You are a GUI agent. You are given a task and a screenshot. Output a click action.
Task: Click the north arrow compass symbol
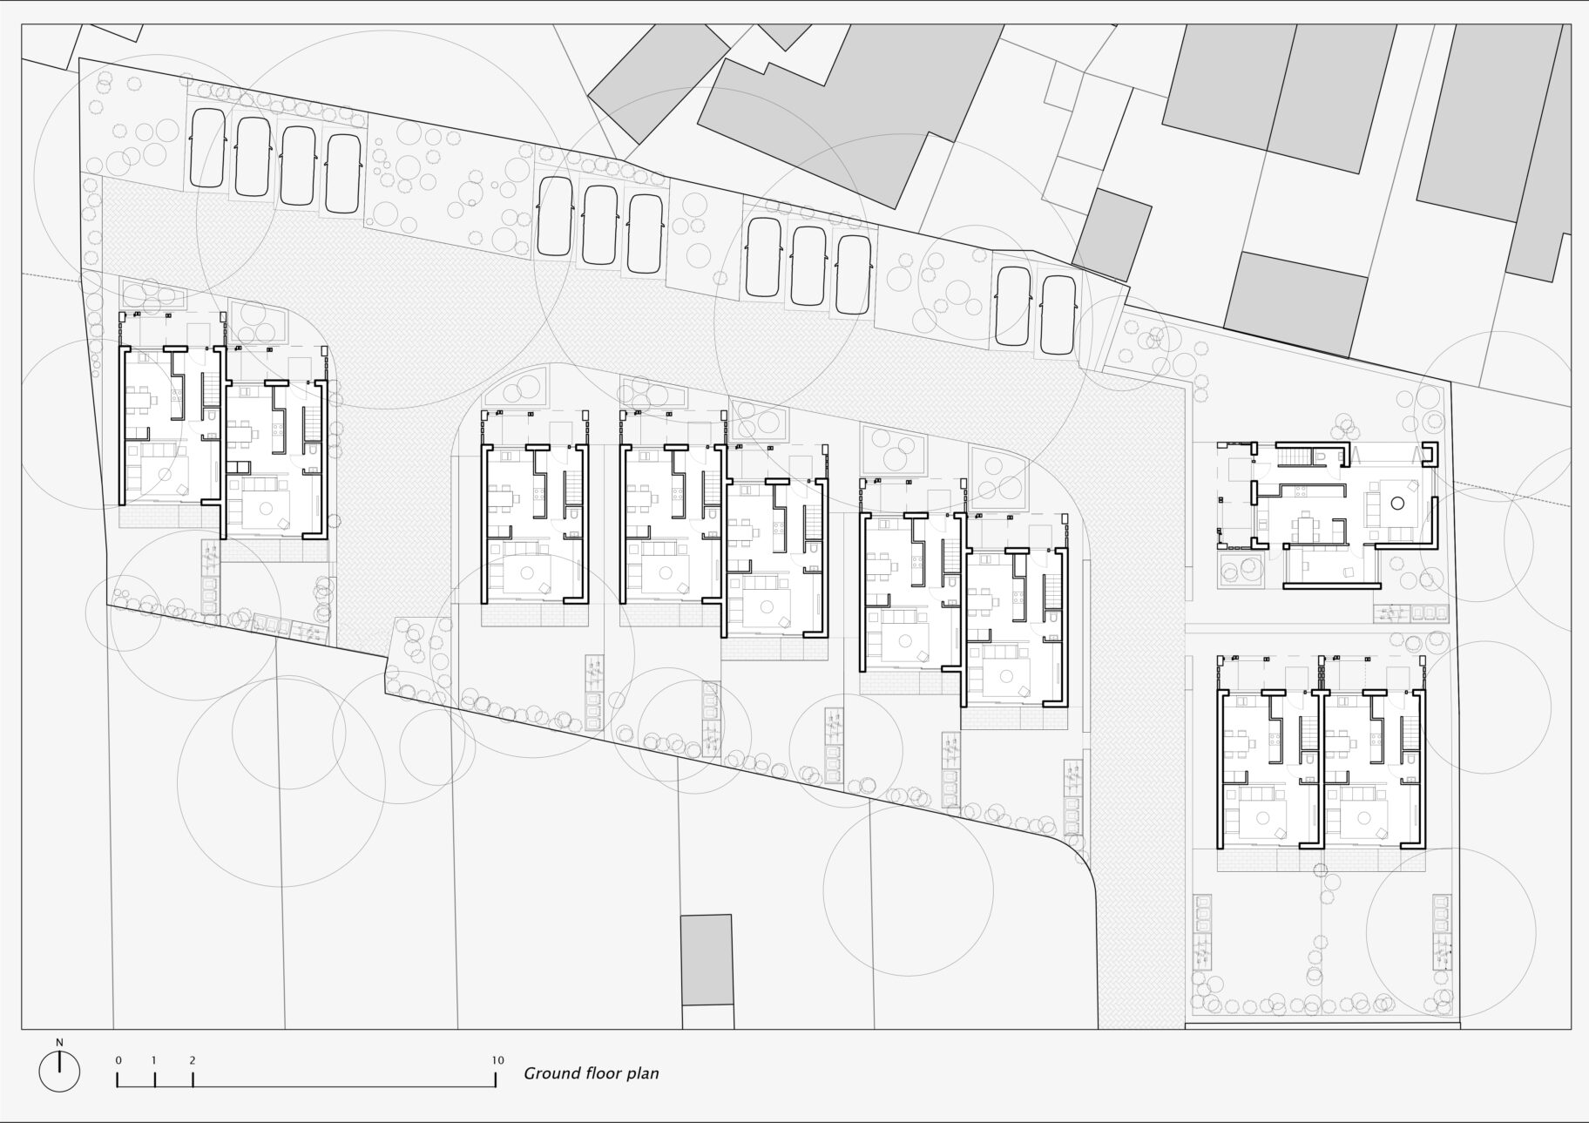point(59,1072)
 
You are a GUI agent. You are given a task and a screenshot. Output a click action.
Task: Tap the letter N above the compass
point(59,1042)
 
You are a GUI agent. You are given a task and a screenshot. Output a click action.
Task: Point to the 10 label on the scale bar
point(497,1060)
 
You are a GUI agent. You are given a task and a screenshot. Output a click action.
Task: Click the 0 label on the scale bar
point(118,1060)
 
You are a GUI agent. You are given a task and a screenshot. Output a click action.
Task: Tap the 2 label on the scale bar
point(192,1060)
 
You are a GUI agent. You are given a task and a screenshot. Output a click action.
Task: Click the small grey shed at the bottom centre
point(707,959)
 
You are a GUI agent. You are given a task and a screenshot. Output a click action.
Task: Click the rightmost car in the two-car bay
point(1057,315)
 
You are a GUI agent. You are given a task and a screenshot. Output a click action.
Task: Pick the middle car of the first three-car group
point(599,225)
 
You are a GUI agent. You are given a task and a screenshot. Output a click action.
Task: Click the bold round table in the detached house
point(1397,503)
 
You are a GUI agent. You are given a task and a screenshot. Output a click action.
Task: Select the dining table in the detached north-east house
point(1305,528)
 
